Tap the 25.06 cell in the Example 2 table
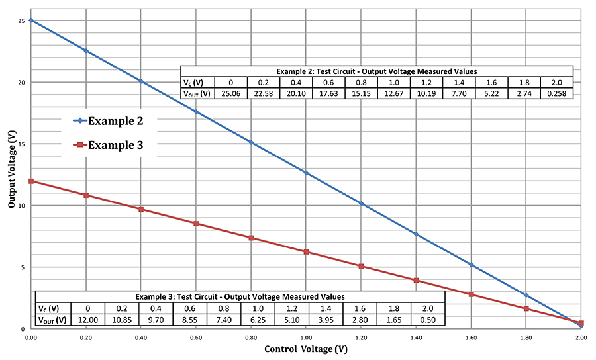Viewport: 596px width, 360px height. [x=230, y=93]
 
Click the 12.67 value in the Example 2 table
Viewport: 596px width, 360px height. [x=393, y=93]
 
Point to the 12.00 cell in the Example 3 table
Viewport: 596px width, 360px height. [x=87, y=320]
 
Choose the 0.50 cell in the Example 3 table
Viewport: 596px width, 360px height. [x=427, y=320]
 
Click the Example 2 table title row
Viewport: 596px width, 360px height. [x=376, y=71]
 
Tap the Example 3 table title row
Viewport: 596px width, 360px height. [x=240, y=296]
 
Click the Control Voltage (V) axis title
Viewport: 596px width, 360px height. [x=306, y=349]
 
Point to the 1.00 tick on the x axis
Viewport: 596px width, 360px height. [x=306, y=338]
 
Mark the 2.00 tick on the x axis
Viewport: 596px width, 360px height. [x=581, y=338]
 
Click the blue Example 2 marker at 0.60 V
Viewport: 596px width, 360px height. [x=196, y=112]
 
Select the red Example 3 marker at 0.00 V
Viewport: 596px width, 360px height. [x=30, y=181]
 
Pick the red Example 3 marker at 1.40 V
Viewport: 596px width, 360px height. [x=416, y=281]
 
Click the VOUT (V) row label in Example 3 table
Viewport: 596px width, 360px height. [x=53, y=320]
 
